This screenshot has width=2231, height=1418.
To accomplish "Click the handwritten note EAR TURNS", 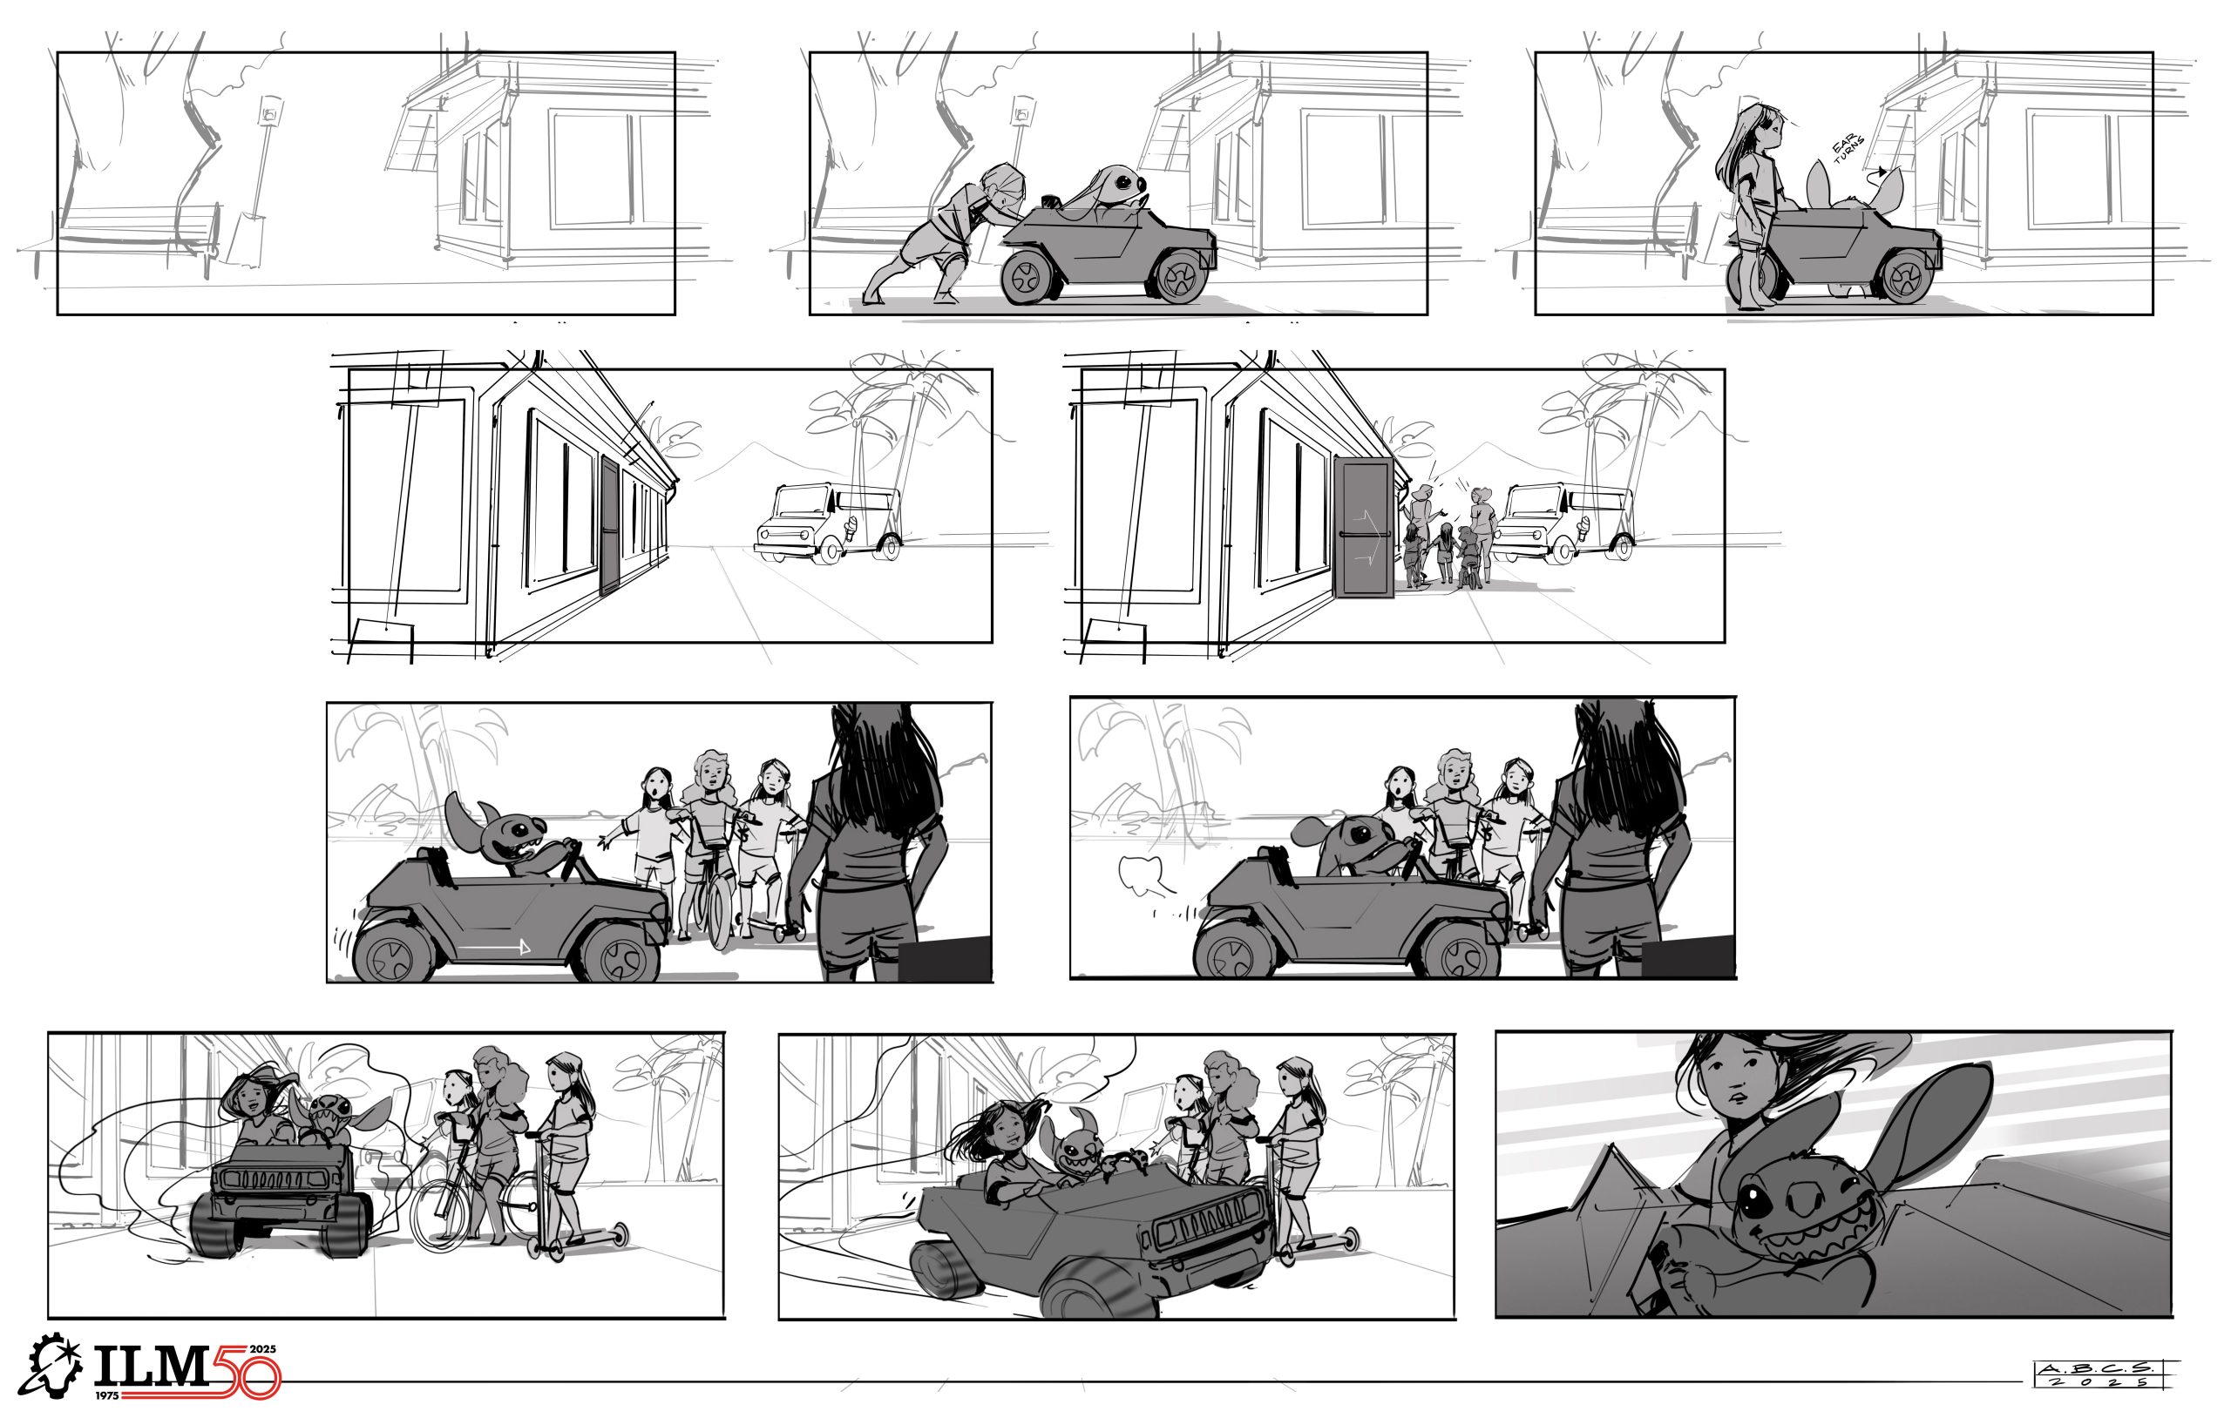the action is point(1848,149).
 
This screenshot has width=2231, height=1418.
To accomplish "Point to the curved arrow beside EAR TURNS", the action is point(1876,172).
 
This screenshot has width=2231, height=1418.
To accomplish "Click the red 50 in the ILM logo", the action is point(245,1372).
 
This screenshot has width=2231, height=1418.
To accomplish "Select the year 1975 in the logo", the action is point(107,1394).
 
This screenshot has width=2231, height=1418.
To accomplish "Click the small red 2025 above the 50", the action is point(263,1348).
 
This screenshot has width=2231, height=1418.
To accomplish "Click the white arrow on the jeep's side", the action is point(497,947).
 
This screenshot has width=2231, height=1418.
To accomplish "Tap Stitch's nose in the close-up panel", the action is point(1803,1199).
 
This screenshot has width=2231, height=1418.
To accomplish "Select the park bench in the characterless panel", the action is point(139,236).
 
